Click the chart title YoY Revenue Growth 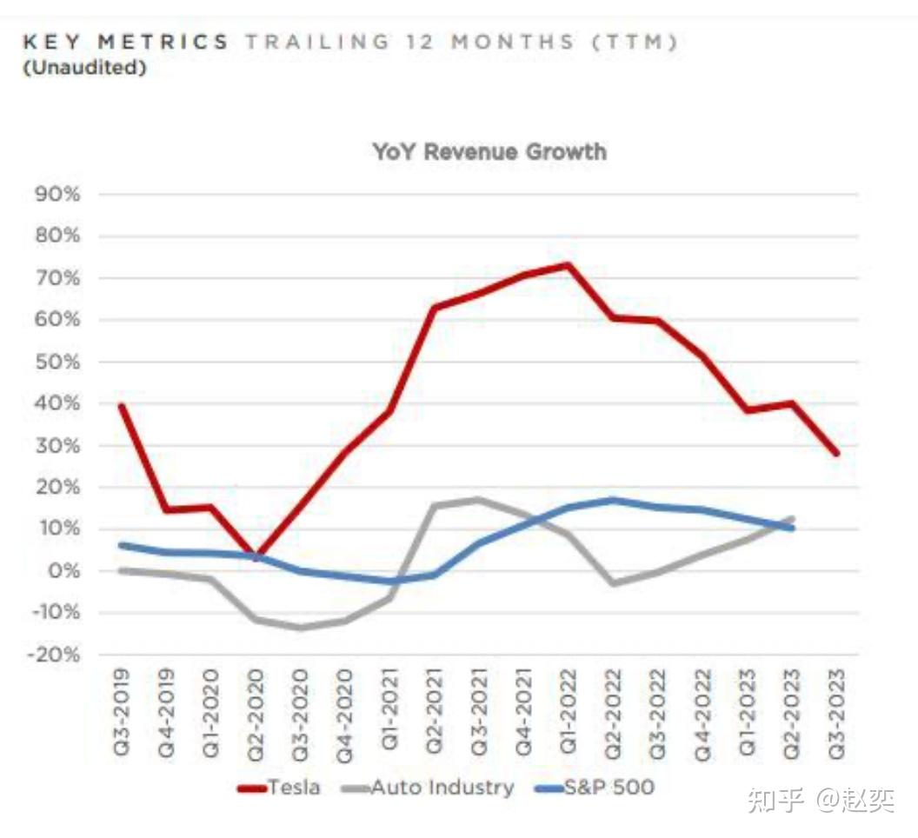489,152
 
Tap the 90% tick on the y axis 57,194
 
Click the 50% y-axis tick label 57,362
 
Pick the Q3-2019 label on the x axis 122,710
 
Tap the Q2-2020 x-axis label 256,710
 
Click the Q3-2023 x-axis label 837,710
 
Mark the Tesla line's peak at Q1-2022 568,265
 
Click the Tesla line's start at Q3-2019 122,406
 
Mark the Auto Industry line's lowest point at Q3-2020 301,628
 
